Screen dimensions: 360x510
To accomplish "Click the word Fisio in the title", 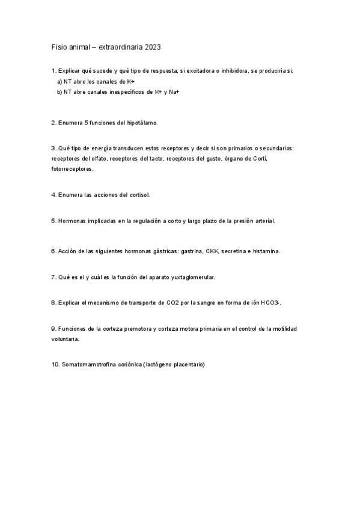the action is [59, 46].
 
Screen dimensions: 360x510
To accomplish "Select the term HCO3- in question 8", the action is [270, 303].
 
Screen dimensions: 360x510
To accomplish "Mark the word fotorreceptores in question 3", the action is [73, 169].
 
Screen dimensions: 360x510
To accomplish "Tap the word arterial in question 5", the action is [264, 221].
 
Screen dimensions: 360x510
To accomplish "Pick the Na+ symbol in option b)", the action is [174, 91].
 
